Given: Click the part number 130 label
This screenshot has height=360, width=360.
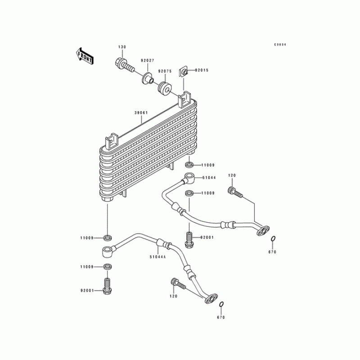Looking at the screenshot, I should [122, 47].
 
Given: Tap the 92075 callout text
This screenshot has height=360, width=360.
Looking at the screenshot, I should [165, 71].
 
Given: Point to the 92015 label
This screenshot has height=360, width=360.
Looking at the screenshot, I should [202, 70].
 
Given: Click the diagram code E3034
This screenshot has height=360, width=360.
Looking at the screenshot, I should [280, 45].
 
